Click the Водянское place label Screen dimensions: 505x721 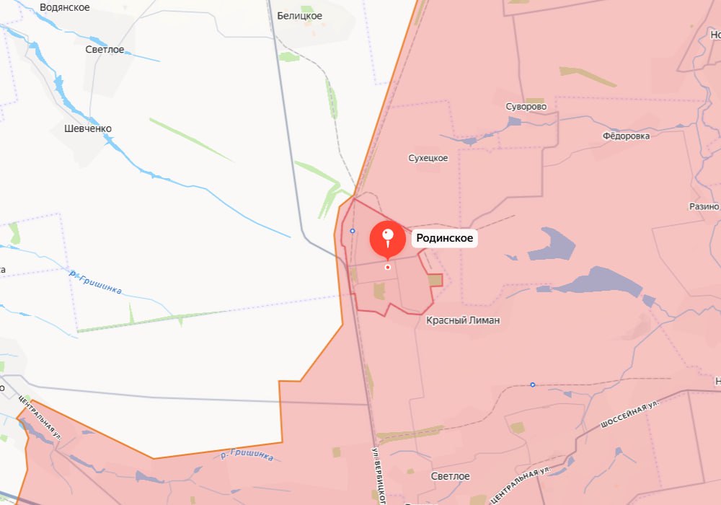point(65,7)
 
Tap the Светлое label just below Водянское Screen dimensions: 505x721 point(105,50)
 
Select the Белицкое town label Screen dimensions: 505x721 point(299,16)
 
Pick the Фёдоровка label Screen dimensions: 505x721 point(626,136)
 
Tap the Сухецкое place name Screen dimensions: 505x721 point(428,158)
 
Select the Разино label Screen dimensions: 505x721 point(704,206)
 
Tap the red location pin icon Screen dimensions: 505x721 point(388,240)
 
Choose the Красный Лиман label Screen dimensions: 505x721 point(463,320)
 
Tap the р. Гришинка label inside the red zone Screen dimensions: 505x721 point(248,455)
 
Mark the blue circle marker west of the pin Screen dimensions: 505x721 point(352,231)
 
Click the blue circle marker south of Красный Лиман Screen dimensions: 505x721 point(532,385)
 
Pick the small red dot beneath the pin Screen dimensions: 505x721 point(388,267)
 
